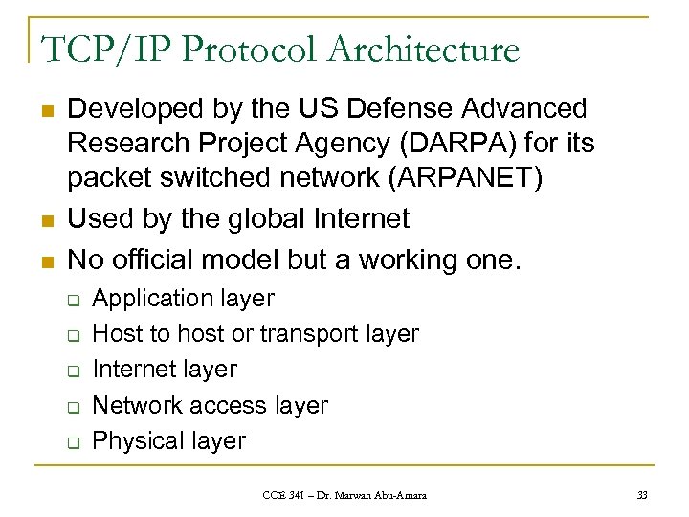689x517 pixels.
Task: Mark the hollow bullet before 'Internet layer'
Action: [x=73, y=371]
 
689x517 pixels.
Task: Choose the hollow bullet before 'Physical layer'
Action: [x=73, y=442]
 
